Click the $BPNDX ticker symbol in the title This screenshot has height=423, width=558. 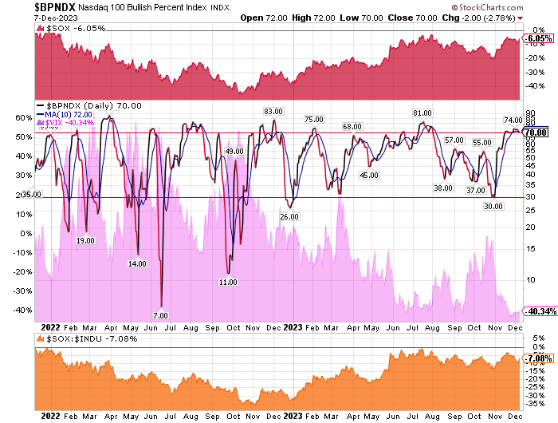tap(30, 7)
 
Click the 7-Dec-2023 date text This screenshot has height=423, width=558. tap(22, 18)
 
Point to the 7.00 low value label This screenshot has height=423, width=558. tap(160, 315)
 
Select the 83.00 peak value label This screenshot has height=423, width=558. tap(274, 112)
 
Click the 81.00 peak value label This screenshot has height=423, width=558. tap(422, 113)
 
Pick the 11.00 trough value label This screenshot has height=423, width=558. tap(229, 282)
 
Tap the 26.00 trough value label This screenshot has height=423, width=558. tap(289, 216)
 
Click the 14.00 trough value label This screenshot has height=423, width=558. tap(137, 263)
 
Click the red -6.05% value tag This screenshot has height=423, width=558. tap(539, 38)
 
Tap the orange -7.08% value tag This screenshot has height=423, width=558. tap(539, 359)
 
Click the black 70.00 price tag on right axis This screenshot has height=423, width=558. tap(536, 132)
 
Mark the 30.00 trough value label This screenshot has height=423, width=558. tap(493, 206)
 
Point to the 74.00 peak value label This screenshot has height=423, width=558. tap(513, 120)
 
